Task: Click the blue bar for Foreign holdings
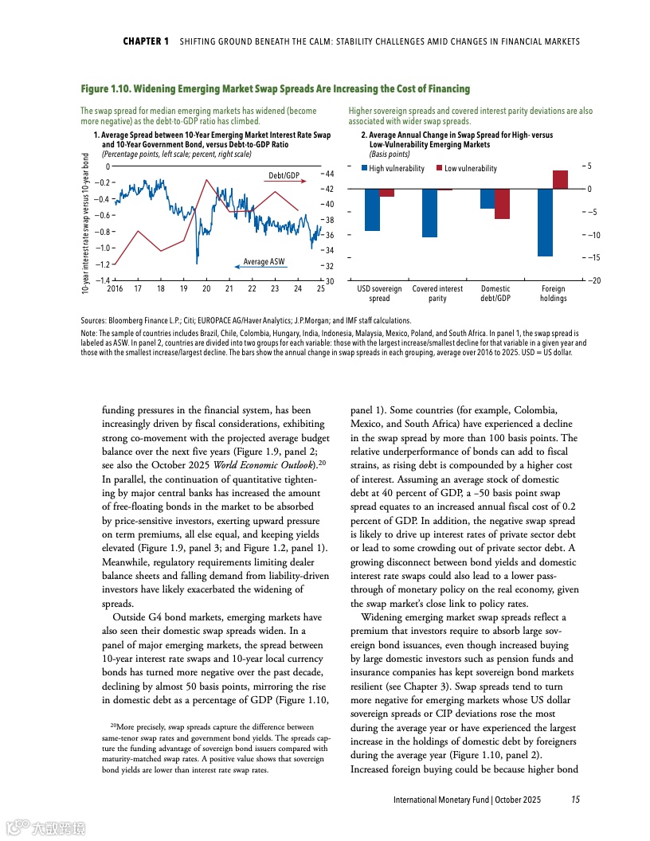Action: click(545, 222)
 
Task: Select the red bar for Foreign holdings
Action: click(560, 180)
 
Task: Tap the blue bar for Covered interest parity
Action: click(430, 213)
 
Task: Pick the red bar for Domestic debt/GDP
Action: click(502, 204)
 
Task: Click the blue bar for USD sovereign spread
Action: click(372, 209)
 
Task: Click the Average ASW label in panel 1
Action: click(264, 262)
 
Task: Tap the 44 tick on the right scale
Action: click(328, 174)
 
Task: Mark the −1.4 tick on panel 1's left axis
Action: click(101, 280)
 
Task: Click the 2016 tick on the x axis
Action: click(115, 288)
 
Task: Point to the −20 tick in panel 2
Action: click(594, 280)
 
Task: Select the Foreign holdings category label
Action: click(553, 294)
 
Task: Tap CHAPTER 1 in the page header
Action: click(146, 41)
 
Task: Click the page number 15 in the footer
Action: click(574, 799)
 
